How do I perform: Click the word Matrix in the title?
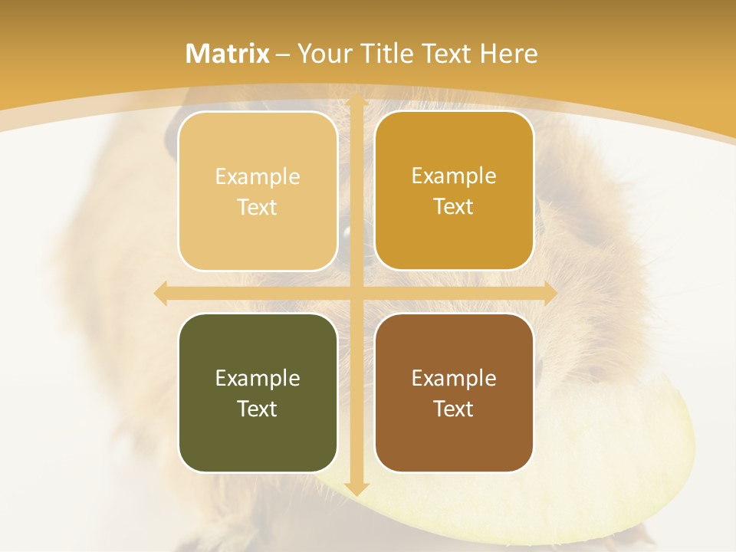click(228, 54)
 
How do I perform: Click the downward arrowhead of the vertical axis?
click(356, 488)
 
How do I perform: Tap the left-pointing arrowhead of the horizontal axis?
click(161, 293)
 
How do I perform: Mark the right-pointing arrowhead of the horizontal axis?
click(550, 293)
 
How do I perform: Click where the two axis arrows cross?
click(356, 293)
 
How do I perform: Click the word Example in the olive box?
click(258, 378)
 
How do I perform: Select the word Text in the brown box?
click(454, 409)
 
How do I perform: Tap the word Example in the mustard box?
click(454, 176)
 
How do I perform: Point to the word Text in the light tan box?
click(258, 207)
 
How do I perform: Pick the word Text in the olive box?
click(258, 409)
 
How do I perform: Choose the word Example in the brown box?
click(454, 378)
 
